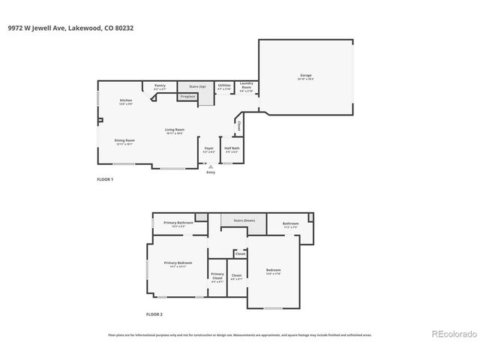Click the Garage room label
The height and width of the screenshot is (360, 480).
pos(306,76)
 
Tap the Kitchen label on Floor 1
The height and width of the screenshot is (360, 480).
pos(126,101)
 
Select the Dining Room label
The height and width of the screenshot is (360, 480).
pos(124,140)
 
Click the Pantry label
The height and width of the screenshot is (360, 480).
pos(160,86)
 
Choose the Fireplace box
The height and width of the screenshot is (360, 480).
pos(187,96)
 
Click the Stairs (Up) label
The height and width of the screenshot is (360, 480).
pos(197,86)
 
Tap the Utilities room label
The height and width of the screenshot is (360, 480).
pos(224,86)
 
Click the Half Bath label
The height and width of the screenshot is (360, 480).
pos(232,148)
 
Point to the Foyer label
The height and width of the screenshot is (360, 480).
pos(209,148)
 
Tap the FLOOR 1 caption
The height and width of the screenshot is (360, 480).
pos(106,180)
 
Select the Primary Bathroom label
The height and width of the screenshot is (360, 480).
pos(179,223)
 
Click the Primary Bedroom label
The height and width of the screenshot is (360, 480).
pos(178,262)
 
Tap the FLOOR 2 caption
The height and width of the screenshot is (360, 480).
pos(154,314)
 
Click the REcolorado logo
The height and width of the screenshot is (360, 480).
pos(452,333)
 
